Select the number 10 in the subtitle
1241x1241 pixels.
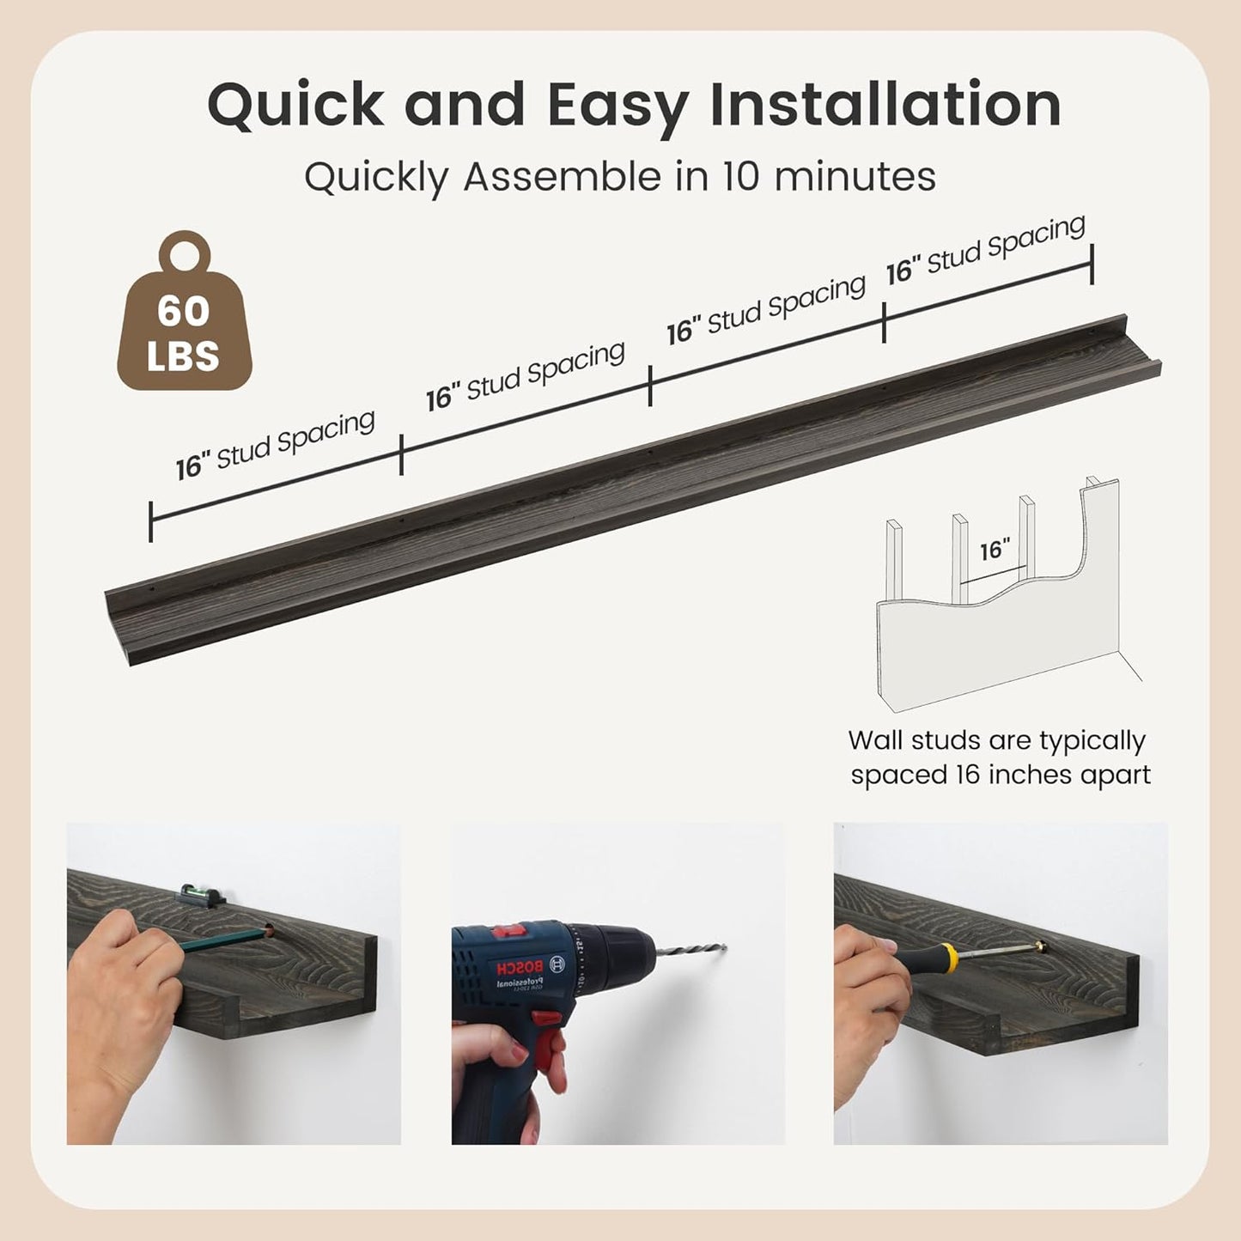pyautogui.click(x=743, y=176)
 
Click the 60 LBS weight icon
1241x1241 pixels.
pyautogui.click(x=184, y=310)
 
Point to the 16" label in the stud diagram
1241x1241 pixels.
pyautogui.click(x=995, y=551)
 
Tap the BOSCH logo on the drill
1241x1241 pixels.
pyautogui.click(x=519, y=967)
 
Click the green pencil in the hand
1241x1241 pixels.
pyautogui.click(x=223, y=938)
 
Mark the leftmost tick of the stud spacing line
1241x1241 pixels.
pyautogui.click(x=150, y=521)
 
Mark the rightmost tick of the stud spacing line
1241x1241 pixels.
pyautogui.click(x=1092, y=264)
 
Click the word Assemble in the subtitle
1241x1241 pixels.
pyautogui.click(x=563, y=176)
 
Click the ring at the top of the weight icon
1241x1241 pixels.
pyautogui.click(x=186, y=251)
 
